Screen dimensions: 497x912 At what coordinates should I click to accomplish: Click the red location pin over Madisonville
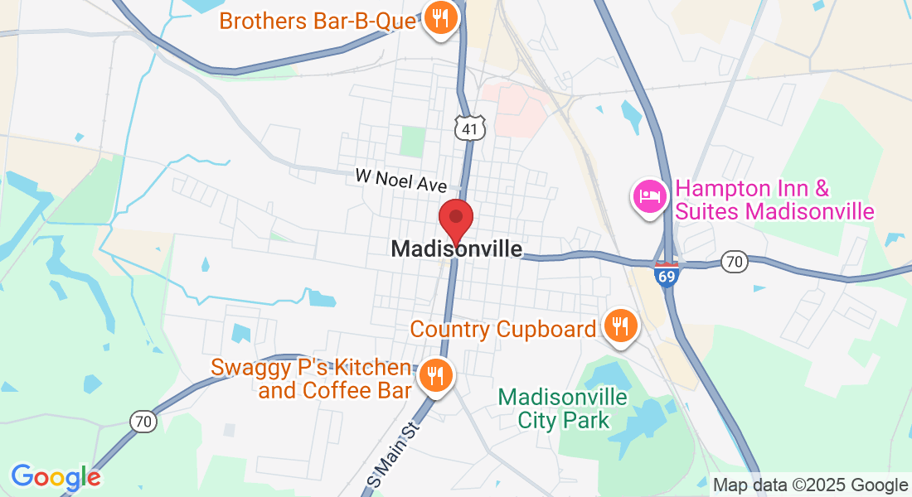point(455,220)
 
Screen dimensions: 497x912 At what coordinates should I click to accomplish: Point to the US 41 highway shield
point(468,128)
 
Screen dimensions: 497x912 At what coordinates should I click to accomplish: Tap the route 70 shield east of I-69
point(734,261)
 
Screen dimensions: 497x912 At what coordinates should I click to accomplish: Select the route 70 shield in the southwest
point(143,421)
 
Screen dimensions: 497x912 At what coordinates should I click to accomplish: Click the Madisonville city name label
point(457,248)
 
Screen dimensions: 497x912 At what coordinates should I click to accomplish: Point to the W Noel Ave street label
point(401,179)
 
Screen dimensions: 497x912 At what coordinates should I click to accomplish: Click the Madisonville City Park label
point(563,408)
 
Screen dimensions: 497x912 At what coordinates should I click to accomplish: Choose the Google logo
point(56,476)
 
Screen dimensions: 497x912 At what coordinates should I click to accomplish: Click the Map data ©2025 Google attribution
point(810,485)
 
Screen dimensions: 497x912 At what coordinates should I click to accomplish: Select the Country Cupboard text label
point(503,329)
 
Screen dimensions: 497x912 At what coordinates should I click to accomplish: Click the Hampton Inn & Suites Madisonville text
point(774,200)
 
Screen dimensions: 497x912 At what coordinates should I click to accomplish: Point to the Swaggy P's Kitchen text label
point(311,379)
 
